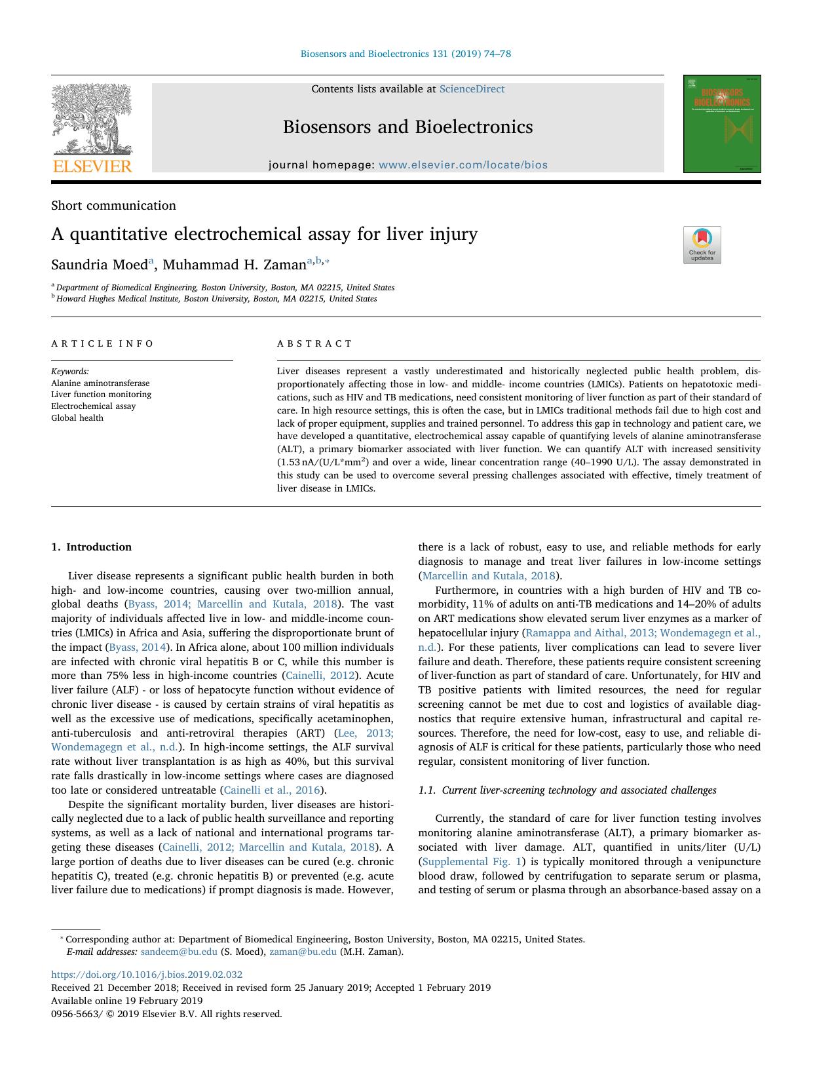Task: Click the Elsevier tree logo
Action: click(x=92, y=128)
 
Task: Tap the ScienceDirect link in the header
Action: click(x=472, y=89)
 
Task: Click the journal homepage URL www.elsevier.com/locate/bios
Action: click(x=463, y=165)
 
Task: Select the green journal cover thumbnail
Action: click(x=721, y=124)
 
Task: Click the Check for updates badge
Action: click(x=702, y=245)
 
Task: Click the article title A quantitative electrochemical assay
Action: click(x=264, y=234)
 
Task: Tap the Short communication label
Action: click(x=113, y=206)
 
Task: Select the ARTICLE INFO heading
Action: click(x=102, y=343)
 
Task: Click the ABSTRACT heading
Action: click(x=314, y=343)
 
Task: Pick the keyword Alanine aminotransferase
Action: click(x=100, y=383)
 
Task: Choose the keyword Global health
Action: click(x=77, y=418)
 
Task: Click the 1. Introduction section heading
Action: click(x=91, y=547)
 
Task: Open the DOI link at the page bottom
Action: click(x=147, y=975)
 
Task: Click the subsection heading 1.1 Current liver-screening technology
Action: click(x=567, y=790)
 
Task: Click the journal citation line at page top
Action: click(x=406, y=54)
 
